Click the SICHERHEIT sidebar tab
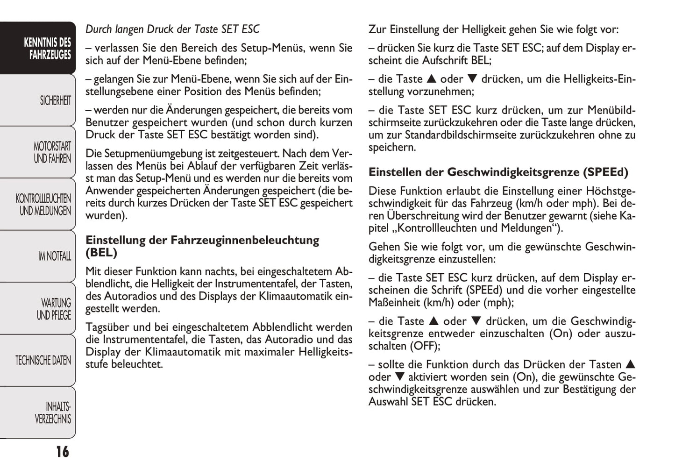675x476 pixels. click(x=55, y=100)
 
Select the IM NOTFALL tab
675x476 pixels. click(x=55, y=256)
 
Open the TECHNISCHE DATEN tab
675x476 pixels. click(x=43, y=360)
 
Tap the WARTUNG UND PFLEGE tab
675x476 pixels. click(x=54, y=309)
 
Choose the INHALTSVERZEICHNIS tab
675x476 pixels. click(x=53, y=412)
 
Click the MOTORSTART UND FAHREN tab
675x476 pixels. click(x=52, y=152)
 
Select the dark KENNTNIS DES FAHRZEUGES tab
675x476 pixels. click(x=47, y=49)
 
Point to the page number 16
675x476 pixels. click(x=62, y=452)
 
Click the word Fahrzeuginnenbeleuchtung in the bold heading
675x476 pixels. click(x=245, y=240)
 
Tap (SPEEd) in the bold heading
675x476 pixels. click(x=605, y=172)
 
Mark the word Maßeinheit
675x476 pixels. click(x=394, y=302)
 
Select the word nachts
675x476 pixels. click(x=221, y=271)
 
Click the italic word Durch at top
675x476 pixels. click(x=99, y=29)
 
